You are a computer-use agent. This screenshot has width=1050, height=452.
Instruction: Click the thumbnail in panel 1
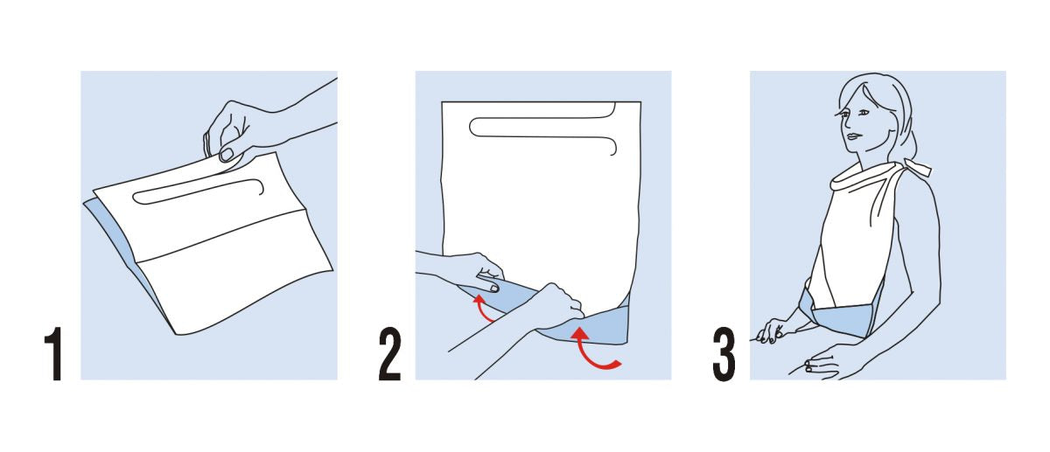click(227, 154)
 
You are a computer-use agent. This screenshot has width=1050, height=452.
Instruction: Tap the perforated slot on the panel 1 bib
click(197, 191)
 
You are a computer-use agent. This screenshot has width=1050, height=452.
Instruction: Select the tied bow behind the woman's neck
click(915, 169)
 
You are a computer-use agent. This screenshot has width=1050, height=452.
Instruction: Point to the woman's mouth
click(854, 136)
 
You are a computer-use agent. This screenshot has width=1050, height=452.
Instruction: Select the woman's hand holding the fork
click(773, 331)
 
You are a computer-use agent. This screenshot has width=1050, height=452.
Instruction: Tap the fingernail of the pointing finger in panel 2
click(493, 289)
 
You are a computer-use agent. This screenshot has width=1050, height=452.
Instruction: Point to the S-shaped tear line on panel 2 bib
click(542, 128)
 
